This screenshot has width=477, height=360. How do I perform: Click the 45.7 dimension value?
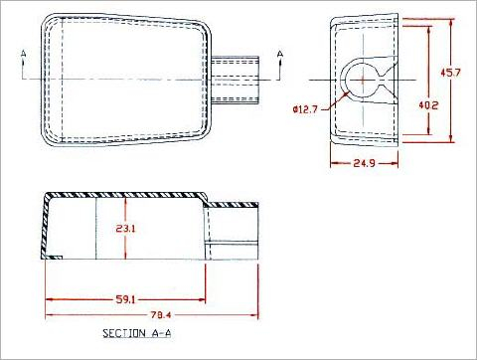pyautogui.click(x=450, y=72)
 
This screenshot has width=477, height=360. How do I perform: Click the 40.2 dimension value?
pyautogui.click(x=428, y=105)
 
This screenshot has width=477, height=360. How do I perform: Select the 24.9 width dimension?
pyautogui.click(x=365, y=163)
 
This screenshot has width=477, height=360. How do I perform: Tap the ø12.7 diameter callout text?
pyautogui.click(x=305, y=109)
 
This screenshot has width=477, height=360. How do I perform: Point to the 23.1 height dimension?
pyautogui.click(x=125, y=229)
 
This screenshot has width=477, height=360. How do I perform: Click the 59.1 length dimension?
pyautogui.click(x=125, y=299)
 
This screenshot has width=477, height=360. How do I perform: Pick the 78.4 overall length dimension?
pyautogui.click(x=161, y=315)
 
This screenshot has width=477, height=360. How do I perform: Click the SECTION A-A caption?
pyautogui.click(x=137, y=333)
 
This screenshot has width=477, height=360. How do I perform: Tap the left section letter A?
pyautogui.click(x=23, y=54)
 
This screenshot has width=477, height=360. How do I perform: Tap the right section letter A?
pyautogui.click(x=280, y=54)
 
